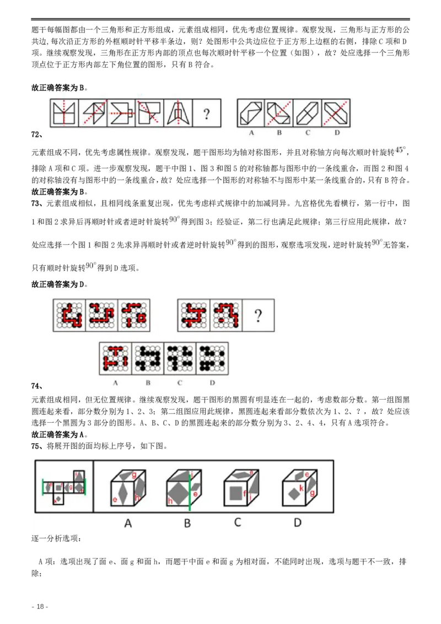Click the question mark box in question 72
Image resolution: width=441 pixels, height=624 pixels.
(x=206, y=114)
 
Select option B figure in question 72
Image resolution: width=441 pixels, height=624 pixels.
(x=279, y=114)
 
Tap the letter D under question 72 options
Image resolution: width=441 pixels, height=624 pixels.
(x=336, y=133)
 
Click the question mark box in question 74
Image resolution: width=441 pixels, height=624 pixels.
(x=257, y=316)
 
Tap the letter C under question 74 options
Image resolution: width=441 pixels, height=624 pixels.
(x=180, y=382)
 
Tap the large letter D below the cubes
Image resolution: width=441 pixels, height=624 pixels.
(x=297, y=522)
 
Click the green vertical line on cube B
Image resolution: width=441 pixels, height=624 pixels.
(x=190, y=491)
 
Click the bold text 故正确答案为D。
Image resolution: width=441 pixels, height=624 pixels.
(x=60, y=284)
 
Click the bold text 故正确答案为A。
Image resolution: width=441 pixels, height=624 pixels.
(x=60, y=434)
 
